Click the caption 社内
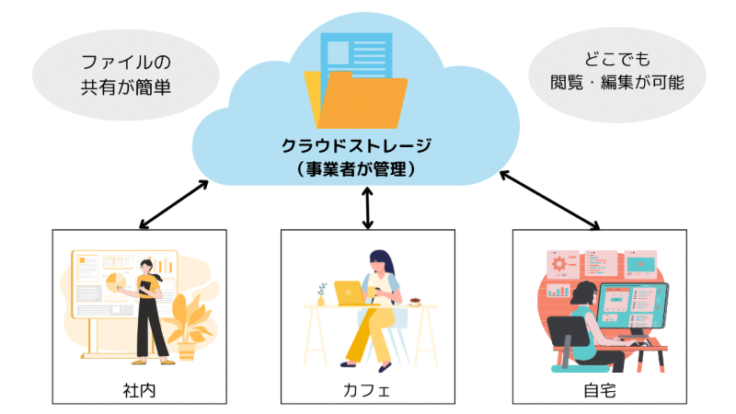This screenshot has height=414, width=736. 139,389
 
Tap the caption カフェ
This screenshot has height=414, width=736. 367,389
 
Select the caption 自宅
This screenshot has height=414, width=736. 599,389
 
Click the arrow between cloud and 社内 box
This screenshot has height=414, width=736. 172,203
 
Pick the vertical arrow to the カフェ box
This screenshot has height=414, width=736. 368,207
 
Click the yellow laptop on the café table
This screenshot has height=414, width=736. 351,293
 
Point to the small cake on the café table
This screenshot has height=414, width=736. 417,299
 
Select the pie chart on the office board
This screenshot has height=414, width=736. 117,280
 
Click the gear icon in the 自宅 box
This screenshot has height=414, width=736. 560,264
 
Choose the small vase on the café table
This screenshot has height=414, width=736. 321,296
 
